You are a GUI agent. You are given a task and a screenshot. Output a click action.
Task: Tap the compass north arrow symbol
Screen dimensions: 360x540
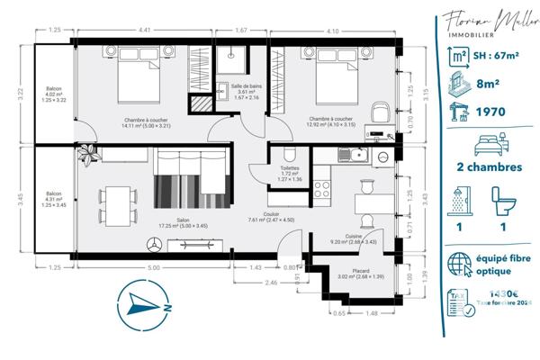(144, 303)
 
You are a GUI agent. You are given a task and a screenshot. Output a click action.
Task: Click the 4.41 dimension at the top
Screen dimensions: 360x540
(143, 30)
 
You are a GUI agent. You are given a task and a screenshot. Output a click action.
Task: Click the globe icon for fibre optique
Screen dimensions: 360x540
(462, 264)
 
